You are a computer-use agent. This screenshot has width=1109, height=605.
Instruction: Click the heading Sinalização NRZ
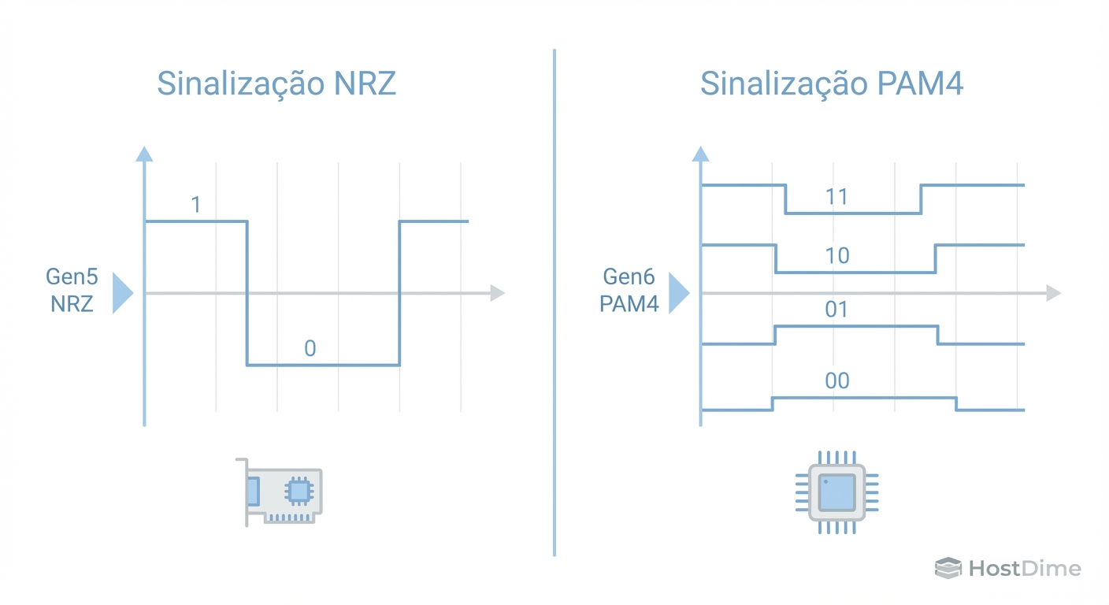276,83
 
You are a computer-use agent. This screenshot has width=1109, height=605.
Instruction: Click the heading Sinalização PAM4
832,83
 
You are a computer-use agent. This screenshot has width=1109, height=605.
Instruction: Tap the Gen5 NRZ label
72,290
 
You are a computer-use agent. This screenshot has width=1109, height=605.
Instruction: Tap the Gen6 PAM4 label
629,290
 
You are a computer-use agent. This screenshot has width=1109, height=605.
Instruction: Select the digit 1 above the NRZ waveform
196,205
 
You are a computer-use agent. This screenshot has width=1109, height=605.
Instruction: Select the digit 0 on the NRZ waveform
310,348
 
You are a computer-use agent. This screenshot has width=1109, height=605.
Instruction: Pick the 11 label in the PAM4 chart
836,196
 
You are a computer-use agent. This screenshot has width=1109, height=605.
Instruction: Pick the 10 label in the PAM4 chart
836,255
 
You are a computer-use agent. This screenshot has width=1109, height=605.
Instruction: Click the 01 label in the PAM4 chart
836,310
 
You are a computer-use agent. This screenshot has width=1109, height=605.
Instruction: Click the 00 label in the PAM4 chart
836,381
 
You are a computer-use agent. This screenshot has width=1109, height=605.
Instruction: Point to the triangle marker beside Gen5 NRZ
121,293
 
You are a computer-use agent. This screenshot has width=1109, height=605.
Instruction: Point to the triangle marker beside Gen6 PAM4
677,293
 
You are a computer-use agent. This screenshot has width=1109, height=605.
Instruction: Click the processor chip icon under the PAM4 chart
836,492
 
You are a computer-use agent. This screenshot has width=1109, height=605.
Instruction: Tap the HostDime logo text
1024,568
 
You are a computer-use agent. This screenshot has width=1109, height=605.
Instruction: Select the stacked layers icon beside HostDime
948,568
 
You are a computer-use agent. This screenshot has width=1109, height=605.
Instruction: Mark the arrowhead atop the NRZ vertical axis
144,154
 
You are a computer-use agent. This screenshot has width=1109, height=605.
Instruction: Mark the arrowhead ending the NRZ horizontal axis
497,293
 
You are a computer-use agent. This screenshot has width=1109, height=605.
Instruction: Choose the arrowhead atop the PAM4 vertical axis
700,154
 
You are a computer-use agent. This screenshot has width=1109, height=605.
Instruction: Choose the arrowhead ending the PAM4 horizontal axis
1053,293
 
